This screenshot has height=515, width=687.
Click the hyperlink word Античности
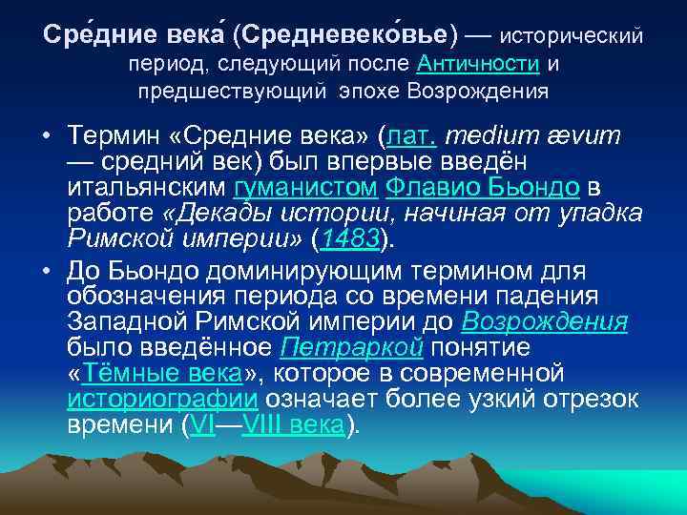[478, 64]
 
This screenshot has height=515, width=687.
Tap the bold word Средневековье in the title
[349, 35]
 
